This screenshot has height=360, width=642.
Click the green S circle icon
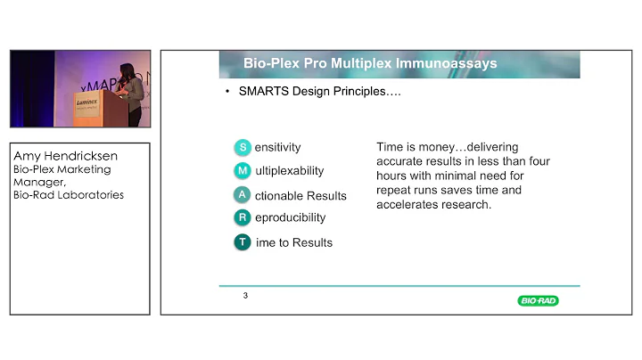[x=243, y=147]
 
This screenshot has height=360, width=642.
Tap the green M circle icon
[x=243, y=170]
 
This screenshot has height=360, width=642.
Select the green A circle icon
[x=243, y=194]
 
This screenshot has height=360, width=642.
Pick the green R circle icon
[x=243, y=217]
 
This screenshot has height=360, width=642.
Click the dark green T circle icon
[x=243, y=242]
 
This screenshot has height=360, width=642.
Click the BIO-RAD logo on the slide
[x=538, y=301]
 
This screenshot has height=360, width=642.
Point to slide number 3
[x=245, y=296]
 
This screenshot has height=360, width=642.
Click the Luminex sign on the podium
[x=86, y=104]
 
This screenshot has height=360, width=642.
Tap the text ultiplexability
[x=290, y=170]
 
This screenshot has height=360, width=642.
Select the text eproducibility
[x=291, y=217]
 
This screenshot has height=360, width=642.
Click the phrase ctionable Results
[x=301, y=195]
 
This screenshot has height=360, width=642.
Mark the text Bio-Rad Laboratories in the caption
[x=69, y=195]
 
